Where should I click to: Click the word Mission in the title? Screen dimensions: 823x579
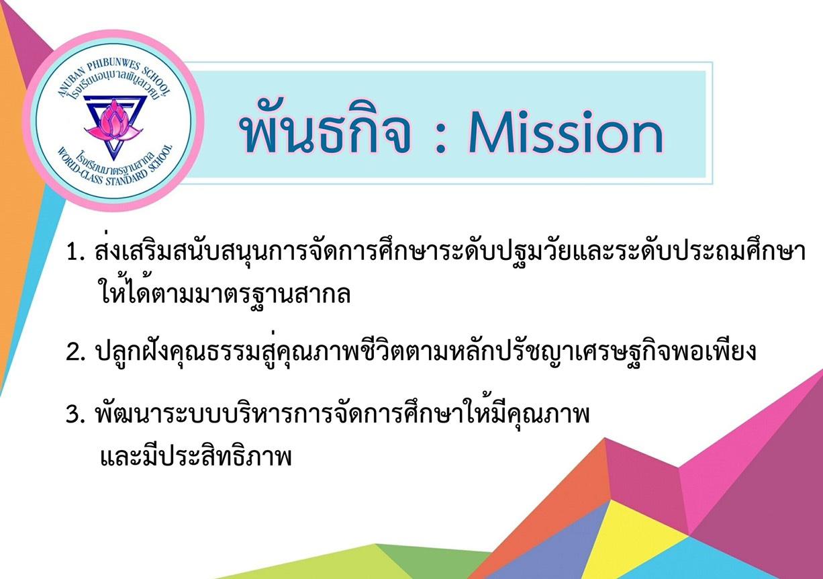click(565, 132)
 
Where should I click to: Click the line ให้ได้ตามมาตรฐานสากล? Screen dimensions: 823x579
click(224, 293)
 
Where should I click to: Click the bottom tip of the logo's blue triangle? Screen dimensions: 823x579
click(113, 161)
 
